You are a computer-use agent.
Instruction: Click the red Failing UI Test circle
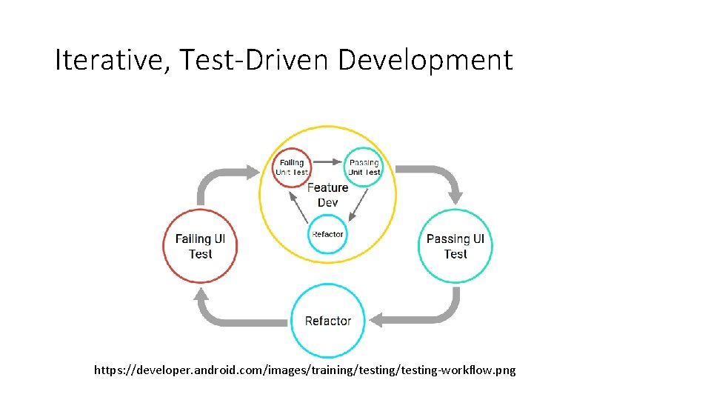pos(200,246)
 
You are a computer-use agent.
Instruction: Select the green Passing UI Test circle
pos(455,246)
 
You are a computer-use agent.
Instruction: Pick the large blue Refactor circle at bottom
pos(327,321)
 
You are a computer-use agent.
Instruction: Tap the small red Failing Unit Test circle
pos(292,167)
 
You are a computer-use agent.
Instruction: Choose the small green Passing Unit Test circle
pos(364,167)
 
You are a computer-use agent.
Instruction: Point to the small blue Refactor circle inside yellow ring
pos(327,234)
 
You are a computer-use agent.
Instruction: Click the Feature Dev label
pos(327,195)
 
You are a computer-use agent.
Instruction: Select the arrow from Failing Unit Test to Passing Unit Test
pos(327,161)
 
